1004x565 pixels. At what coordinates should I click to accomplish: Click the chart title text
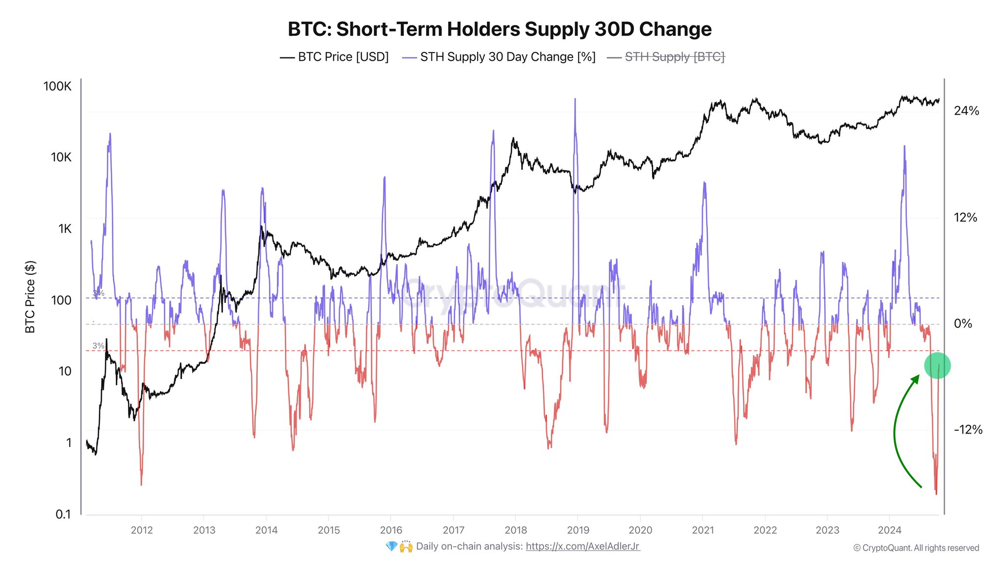coord(500,29)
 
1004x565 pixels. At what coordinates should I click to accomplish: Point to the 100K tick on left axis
coord(57,86)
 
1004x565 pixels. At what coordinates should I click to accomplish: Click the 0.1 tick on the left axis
coord(63,514)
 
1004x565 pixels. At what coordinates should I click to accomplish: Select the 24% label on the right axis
coord(966,111)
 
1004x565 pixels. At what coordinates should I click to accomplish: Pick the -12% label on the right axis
coord(968,430)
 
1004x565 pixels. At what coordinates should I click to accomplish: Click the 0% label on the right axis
coord(963,324)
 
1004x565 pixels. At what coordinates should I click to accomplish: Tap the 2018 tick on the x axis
coord(516,530)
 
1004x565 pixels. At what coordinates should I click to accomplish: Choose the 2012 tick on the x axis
coord(142,530)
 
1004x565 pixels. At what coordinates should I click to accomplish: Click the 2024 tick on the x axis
coord(889,530)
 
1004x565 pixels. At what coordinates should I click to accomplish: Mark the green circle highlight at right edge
coord(937,365)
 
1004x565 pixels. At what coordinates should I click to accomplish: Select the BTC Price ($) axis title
coord(30,297)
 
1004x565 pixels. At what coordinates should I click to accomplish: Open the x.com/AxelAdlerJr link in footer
coord(582,546)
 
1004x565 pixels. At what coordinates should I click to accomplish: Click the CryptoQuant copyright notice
coord(916,548)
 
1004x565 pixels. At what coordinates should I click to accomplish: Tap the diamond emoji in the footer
coord(391,546)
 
